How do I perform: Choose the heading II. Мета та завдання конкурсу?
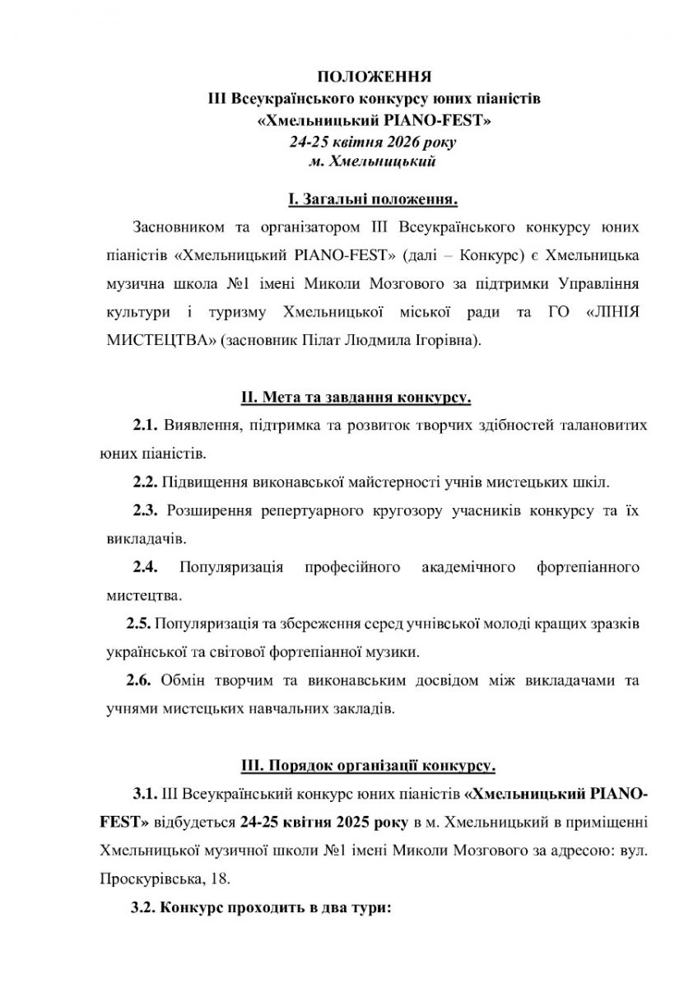pyautogui.click(x=356, y=398)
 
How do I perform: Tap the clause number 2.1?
pyautogui.click(x=145, y=425)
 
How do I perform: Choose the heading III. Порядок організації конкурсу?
pyautogui.click(x=368, y=766)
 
